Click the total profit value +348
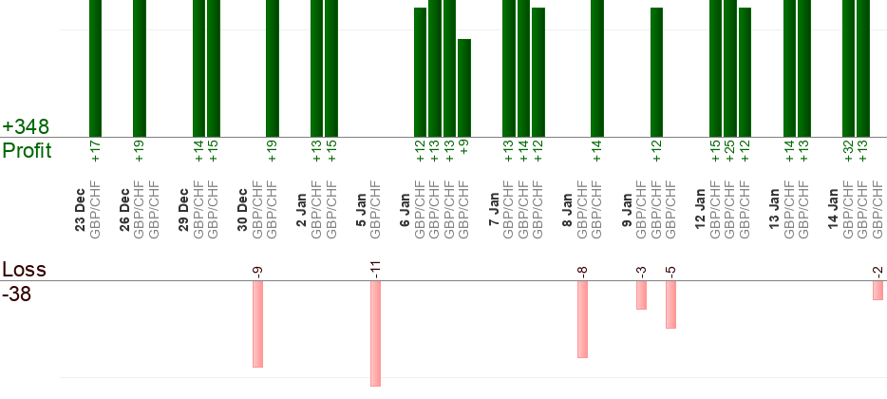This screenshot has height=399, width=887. [x=26, y=126]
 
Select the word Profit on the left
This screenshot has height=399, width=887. [x=27, y=150]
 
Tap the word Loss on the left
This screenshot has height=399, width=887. [x=24, y=270]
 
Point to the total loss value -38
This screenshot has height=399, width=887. [x=18, y=294]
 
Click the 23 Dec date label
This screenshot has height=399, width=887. [x=80, y=215]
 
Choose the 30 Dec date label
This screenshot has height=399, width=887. [x=242, y=215]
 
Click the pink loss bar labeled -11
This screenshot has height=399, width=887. [x=375, y=333]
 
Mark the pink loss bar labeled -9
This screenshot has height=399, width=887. [x=257, y=324]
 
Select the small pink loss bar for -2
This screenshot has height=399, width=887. [x=878, y=290]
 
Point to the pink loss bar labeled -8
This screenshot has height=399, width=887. [x=582, y=319]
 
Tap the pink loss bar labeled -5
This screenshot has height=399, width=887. [x=670, y=304]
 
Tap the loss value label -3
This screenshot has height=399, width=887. [x=641, y=272]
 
